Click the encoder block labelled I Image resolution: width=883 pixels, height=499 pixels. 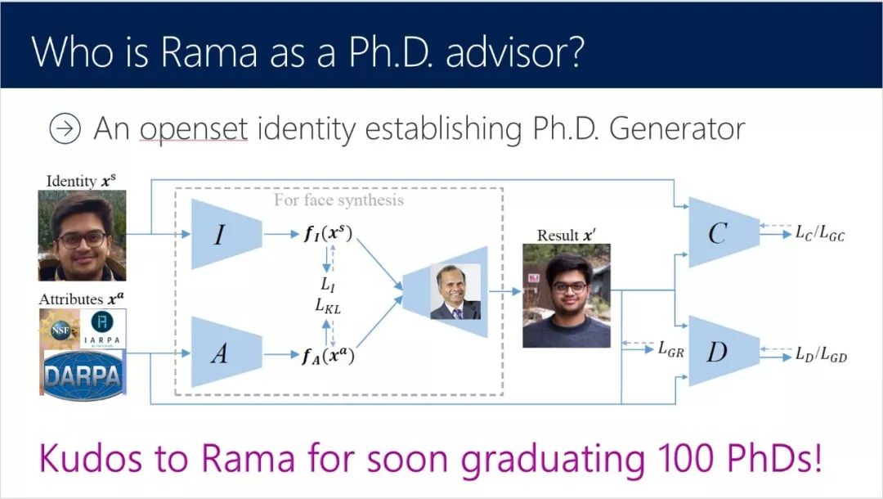click(226, 234)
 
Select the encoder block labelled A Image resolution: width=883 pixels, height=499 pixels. click(226, 353)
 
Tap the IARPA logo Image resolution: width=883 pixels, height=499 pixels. click(103, 330)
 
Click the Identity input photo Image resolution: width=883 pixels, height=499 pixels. click(82, 235)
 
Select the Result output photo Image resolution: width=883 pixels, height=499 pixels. click(567, 295)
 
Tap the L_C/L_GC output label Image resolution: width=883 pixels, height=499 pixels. click(819, 235)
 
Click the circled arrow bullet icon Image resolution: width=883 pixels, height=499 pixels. click(65, 129)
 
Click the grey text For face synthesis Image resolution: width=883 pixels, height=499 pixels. click(338, 200)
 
